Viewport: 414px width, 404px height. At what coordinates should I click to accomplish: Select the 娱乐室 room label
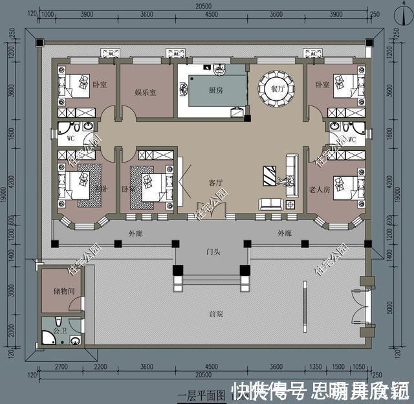point(146,93)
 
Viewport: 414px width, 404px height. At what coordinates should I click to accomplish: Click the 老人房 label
point(320,190)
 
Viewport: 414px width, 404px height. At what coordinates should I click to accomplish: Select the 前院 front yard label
point(215,314)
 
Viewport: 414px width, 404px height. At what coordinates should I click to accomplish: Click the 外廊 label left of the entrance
point(135,234)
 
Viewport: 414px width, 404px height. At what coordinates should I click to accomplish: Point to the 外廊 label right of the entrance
point(285,232)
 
